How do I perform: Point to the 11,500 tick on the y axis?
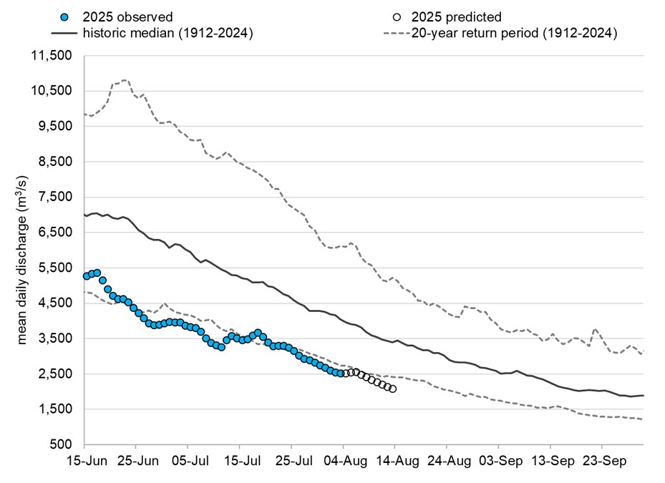[x=53, y=56]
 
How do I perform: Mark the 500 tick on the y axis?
[x=63, y=445]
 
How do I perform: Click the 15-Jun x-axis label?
[x=84, y=462]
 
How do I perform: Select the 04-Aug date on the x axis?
[x=343, y=462]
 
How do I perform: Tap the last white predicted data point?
[x=393, y=389]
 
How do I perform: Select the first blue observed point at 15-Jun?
[x=87, y=276]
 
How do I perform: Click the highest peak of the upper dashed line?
[x=125, y=80]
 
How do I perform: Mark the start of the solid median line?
[x=85, y=215]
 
